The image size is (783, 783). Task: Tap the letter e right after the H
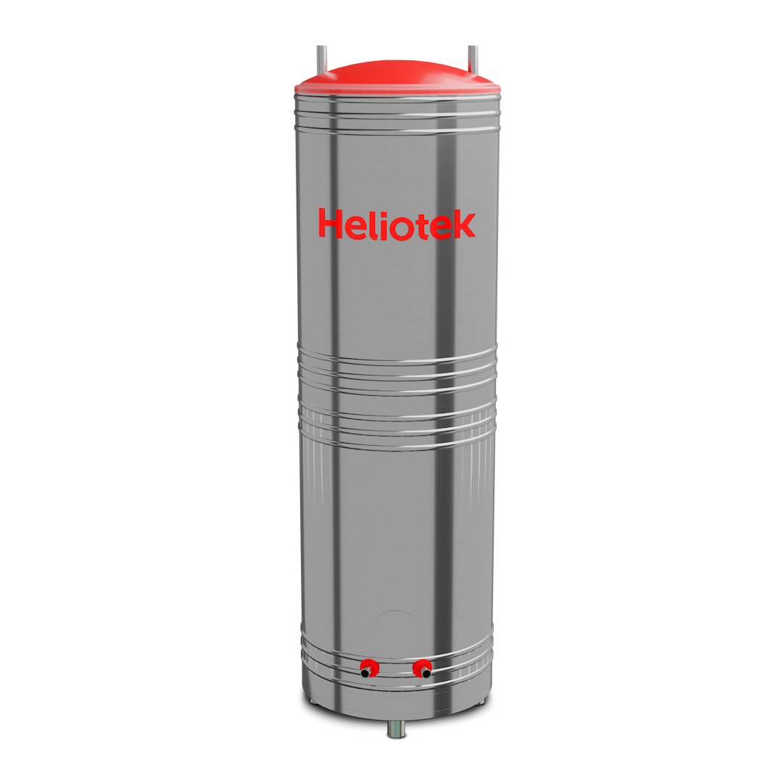click(x=356, y=227)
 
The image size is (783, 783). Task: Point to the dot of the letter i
click(x=384, y=212)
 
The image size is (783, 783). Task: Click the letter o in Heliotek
click(x=402, y=228)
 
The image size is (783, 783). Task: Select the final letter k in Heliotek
click(x=463, y=225)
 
